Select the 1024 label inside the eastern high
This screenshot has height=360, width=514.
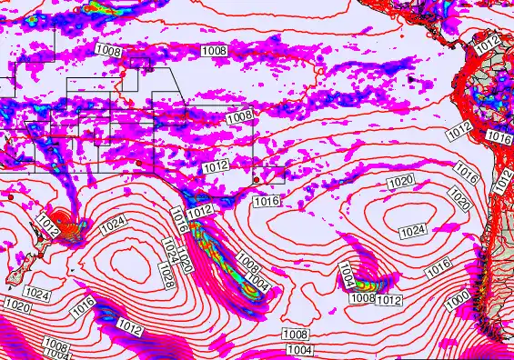[x=413, y=230]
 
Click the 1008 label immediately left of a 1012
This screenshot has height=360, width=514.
[x=363, y=297]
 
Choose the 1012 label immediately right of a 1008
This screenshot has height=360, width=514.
[x=389, y=300]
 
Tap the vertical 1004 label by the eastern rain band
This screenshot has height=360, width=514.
[x=347, y=273]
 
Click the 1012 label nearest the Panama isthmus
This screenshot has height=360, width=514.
[x=488, y=43]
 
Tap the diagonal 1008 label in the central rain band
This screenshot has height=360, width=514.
[x=247, y=263]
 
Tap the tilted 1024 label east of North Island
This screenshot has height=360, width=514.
[x=113, y=222]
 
